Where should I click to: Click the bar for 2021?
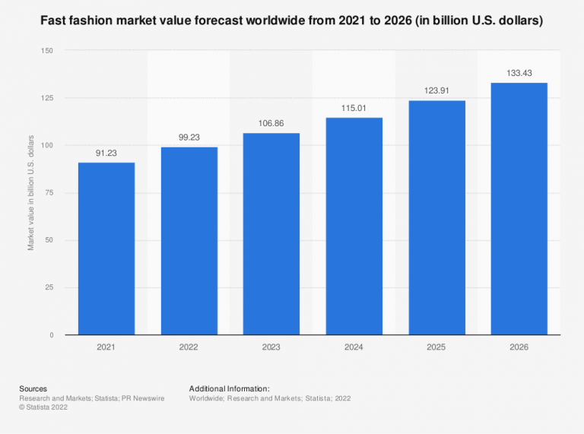(x=106, y=249)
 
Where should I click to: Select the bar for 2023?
(x=271, y=234)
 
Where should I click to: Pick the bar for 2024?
(x=354, y=227)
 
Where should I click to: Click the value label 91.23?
(x=106, y=152)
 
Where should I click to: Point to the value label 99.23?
(x=189, y=137)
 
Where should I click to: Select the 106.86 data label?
(x=271, y=122)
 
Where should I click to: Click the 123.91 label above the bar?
(x=436, y=90)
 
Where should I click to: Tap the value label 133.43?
(x=519, y=73)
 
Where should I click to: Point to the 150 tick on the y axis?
(x=47, y=51)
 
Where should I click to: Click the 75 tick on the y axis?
(x=49, y=193)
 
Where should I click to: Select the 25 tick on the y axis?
(x=49, y=288)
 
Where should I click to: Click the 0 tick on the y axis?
(x=52, y=335)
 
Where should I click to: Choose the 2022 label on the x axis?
(x=189, y=347)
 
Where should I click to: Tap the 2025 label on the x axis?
(x=436, y=347)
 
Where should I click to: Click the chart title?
(x=292, y=21)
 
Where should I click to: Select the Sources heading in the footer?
(x=33, y=388)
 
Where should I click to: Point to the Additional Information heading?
(x=230, y=388)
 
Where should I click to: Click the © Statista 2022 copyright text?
(x=46, y=407)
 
